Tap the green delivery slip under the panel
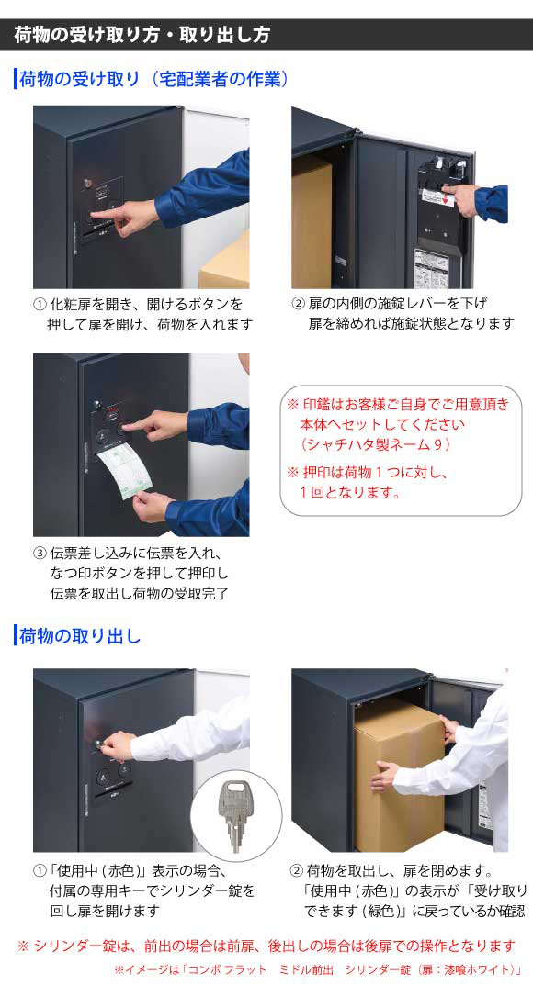tap(125, 469)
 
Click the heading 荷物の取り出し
tap(80, 636)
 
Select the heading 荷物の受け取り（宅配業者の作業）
tap(154, 79)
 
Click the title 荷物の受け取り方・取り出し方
tap(142, 35)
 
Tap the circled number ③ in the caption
tap(40, 554)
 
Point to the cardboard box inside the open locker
tap(312, 222)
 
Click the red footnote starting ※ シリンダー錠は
tap(266, 946)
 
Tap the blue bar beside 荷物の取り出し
tap(16, 636)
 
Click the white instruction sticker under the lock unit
tap(436, 266)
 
